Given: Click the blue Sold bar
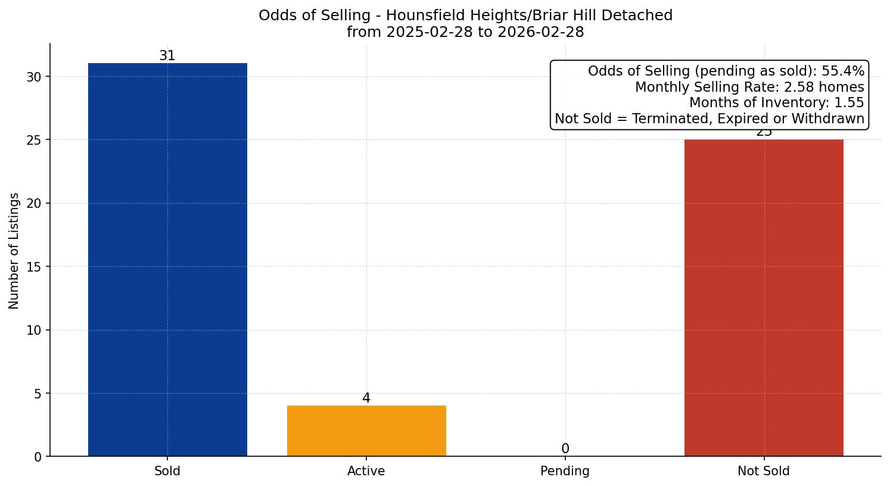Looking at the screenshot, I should tap(167, 259).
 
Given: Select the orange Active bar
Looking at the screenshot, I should tap(366, 431).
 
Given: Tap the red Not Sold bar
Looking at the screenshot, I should tap(764, 298).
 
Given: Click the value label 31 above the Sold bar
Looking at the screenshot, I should tap(167, 56).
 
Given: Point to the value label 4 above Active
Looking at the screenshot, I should tap(366, 398).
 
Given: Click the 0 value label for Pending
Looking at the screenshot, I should tap(565, 449).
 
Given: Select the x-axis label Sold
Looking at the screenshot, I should tap(167, 471).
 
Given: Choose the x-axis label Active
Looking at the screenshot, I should tap(366, 471).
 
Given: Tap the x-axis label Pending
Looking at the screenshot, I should tap(565, 471).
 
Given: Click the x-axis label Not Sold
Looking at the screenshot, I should tap(764, 471).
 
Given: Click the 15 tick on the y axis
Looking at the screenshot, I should tap(34, 267).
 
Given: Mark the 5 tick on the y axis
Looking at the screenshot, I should tap(38, 394).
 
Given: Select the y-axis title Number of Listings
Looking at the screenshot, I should tap(14, 251).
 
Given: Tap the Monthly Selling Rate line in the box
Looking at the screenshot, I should tap(749, 88).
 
